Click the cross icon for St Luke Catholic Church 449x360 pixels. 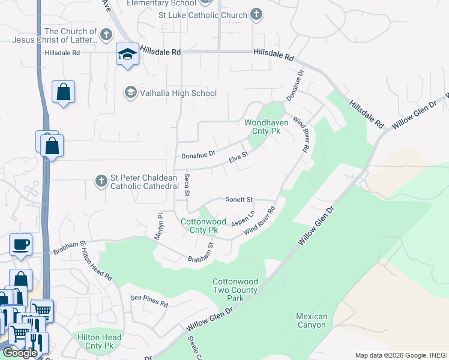pyautogui.click(x=256, y=15)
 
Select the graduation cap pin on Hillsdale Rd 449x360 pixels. pyautogui.click(x=128, y=55)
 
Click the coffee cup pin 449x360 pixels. pyautogui.click(x=21, y=245)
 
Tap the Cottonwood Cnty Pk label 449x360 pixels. pyautogui.click(x=203, y=226)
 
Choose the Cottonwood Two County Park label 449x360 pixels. pyautogui.click(x=235, y=290)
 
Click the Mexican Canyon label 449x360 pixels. pyautogui.click(x=312, y=321)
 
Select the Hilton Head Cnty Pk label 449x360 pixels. pyautogui.click(x=100, y=342)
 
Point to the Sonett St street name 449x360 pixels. pyautogui.click(x=240, y=199)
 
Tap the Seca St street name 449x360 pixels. pyautogui.click(x=187, y=185)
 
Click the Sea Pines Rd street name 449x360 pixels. pyautogui.click(x=149, y=301)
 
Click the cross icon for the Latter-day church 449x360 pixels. pyautogui.click(x=106, y=34)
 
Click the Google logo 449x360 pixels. pyautogui.click(x=19, y=353)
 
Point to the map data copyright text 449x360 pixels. pyautogui.click(x=399, y=355)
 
